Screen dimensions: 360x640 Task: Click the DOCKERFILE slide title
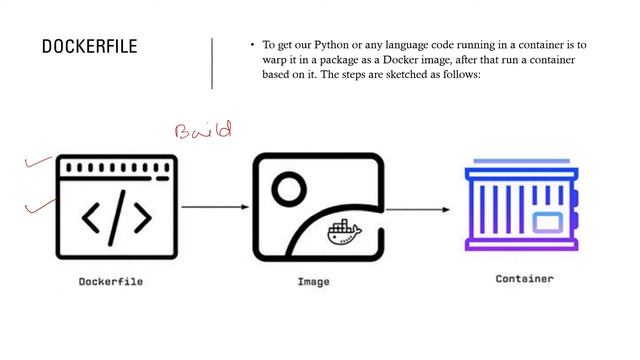(89, 48)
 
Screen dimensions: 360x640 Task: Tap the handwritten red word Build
(203, 130)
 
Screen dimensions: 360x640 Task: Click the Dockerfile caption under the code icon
(111, 282)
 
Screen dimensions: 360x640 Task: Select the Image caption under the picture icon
(313, 282)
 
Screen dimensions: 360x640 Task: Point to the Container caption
(524, 279)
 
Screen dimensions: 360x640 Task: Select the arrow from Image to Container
(414, 210)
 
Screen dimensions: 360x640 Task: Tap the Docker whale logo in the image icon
(342, 233)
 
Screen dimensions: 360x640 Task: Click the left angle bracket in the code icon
(91, 217)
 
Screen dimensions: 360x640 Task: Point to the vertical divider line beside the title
(212, 63)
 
